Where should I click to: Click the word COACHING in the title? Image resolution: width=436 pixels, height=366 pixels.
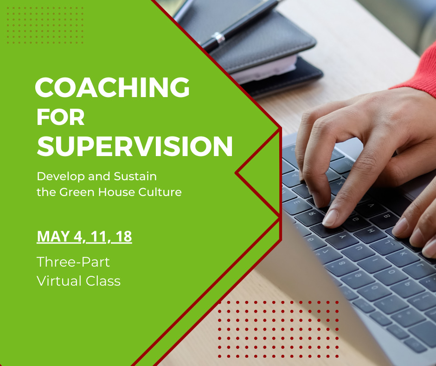point(112,87)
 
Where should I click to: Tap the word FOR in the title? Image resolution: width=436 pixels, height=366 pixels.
point(61,117)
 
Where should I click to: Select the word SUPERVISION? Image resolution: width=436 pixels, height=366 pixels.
point(135,146)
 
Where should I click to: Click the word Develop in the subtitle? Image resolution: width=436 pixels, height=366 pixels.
point(61,177)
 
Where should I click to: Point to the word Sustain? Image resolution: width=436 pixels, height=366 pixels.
point(135,176)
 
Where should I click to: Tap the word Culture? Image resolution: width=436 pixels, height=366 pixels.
point(160,192)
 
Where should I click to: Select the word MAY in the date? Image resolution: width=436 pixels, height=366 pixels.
point(53,236)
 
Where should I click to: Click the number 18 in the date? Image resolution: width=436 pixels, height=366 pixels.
point(124,236)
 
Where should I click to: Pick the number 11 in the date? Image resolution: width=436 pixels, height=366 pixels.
point(98,236)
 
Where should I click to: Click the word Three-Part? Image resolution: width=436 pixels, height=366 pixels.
point(73,262)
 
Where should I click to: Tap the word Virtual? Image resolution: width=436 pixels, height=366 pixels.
point(59,281)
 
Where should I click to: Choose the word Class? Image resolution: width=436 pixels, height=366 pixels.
point(103,281)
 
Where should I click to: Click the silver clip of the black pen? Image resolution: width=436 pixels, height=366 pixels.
point(218,38)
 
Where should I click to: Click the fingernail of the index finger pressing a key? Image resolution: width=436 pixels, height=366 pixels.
point(330,218)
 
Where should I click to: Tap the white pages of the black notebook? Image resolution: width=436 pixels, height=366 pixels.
point(264,68)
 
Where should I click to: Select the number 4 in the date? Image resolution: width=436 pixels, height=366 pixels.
point(77,236)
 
